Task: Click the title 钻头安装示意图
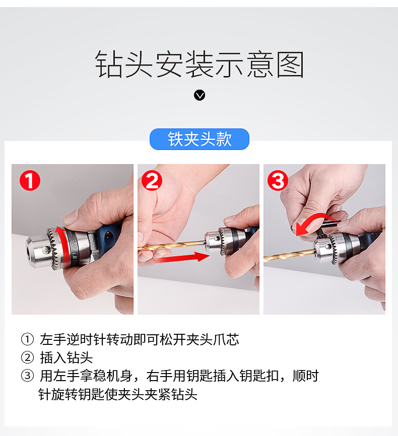click(200, 64)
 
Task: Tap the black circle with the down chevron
click(200, 95)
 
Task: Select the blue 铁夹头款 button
click(200, 139)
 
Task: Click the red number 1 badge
click(30, 180)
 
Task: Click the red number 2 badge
click(152, 180)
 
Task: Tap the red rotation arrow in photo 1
click(63, 246)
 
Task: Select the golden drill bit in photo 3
click(290, 255)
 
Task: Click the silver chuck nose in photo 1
click(42, 252)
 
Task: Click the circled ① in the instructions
click(27, 339)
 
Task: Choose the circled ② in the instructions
click(27, 357)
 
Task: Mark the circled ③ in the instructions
click(27, 376)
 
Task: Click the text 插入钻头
click(66, 357)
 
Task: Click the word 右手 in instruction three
click(160, 376)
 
